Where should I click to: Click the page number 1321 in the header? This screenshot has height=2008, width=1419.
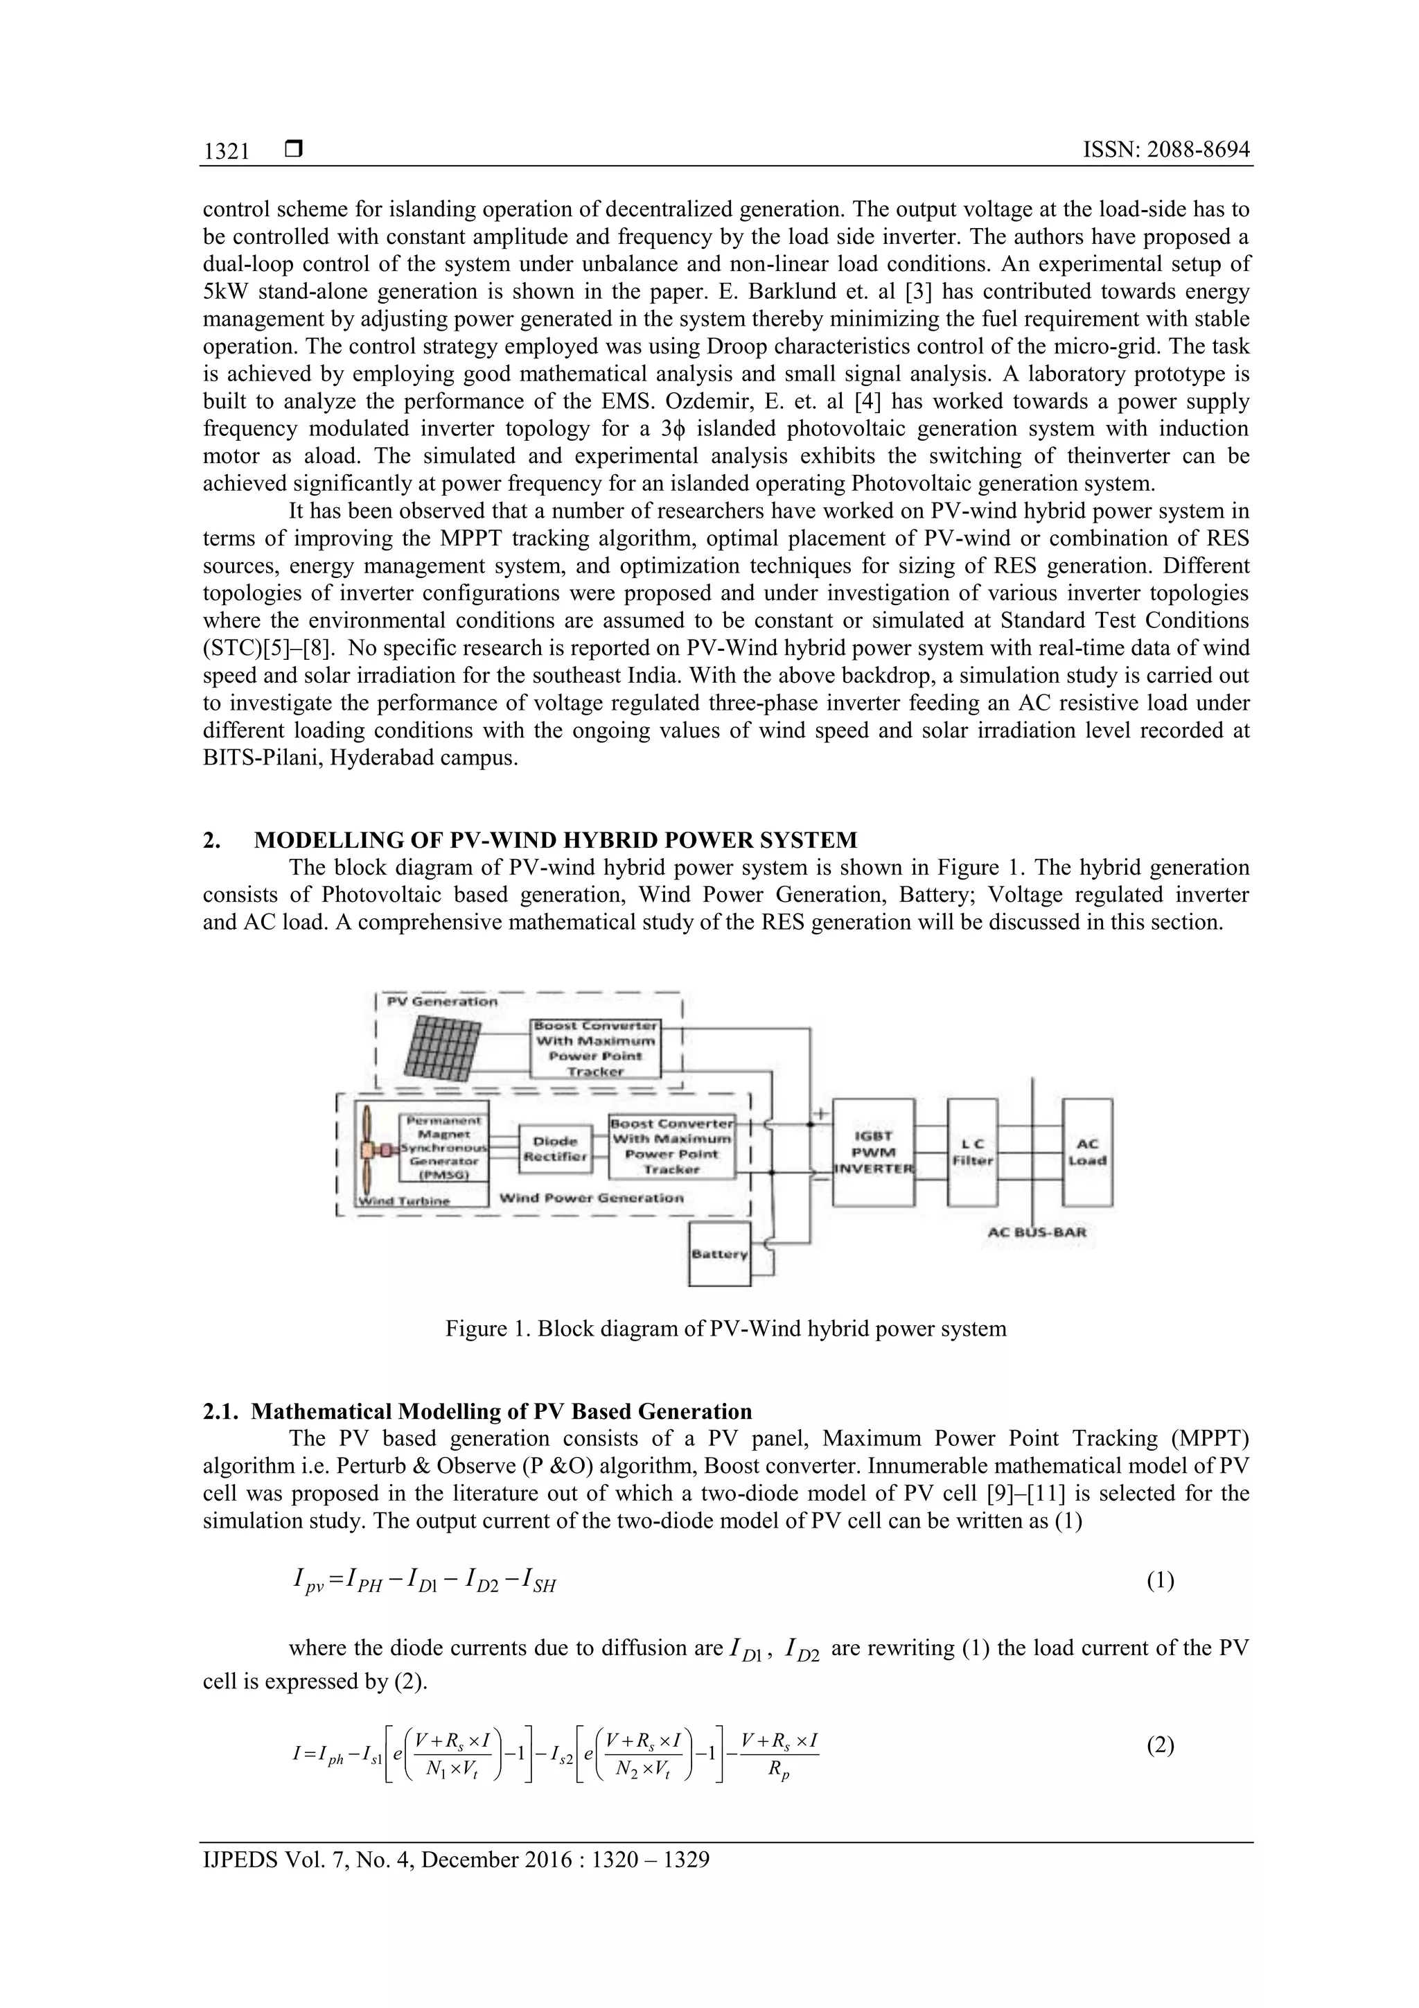pyautogui.click(x=227, y=151)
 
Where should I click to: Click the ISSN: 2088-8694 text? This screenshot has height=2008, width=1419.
pyautogui.click(x=1165, y=150)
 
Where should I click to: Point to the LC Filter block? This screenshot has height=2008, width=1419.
pyautogui.click(x=972, y=1153)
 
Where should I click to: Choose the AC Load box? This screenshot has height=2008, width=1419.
pyautogui.click(x=1086, y=1152)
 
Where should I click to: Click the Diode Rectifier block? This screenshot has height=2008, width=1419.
pyautogui.click(x=555, y=1149)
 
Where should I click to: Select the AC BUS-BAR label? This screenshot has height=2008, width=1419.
pyautogui.click(x=1036, y=1232)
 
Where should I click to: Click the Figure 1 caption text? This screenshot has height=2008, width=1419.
pyautogui.click(x=725, y=1329)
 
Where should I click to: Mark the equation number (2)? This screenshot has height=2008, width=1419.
pyautogui.click(x=1159, y=1745)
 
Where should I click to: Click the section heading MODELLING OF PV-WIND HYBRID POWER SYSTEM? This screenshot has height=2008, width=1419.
pyautogui.click(x=555, y=841)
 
